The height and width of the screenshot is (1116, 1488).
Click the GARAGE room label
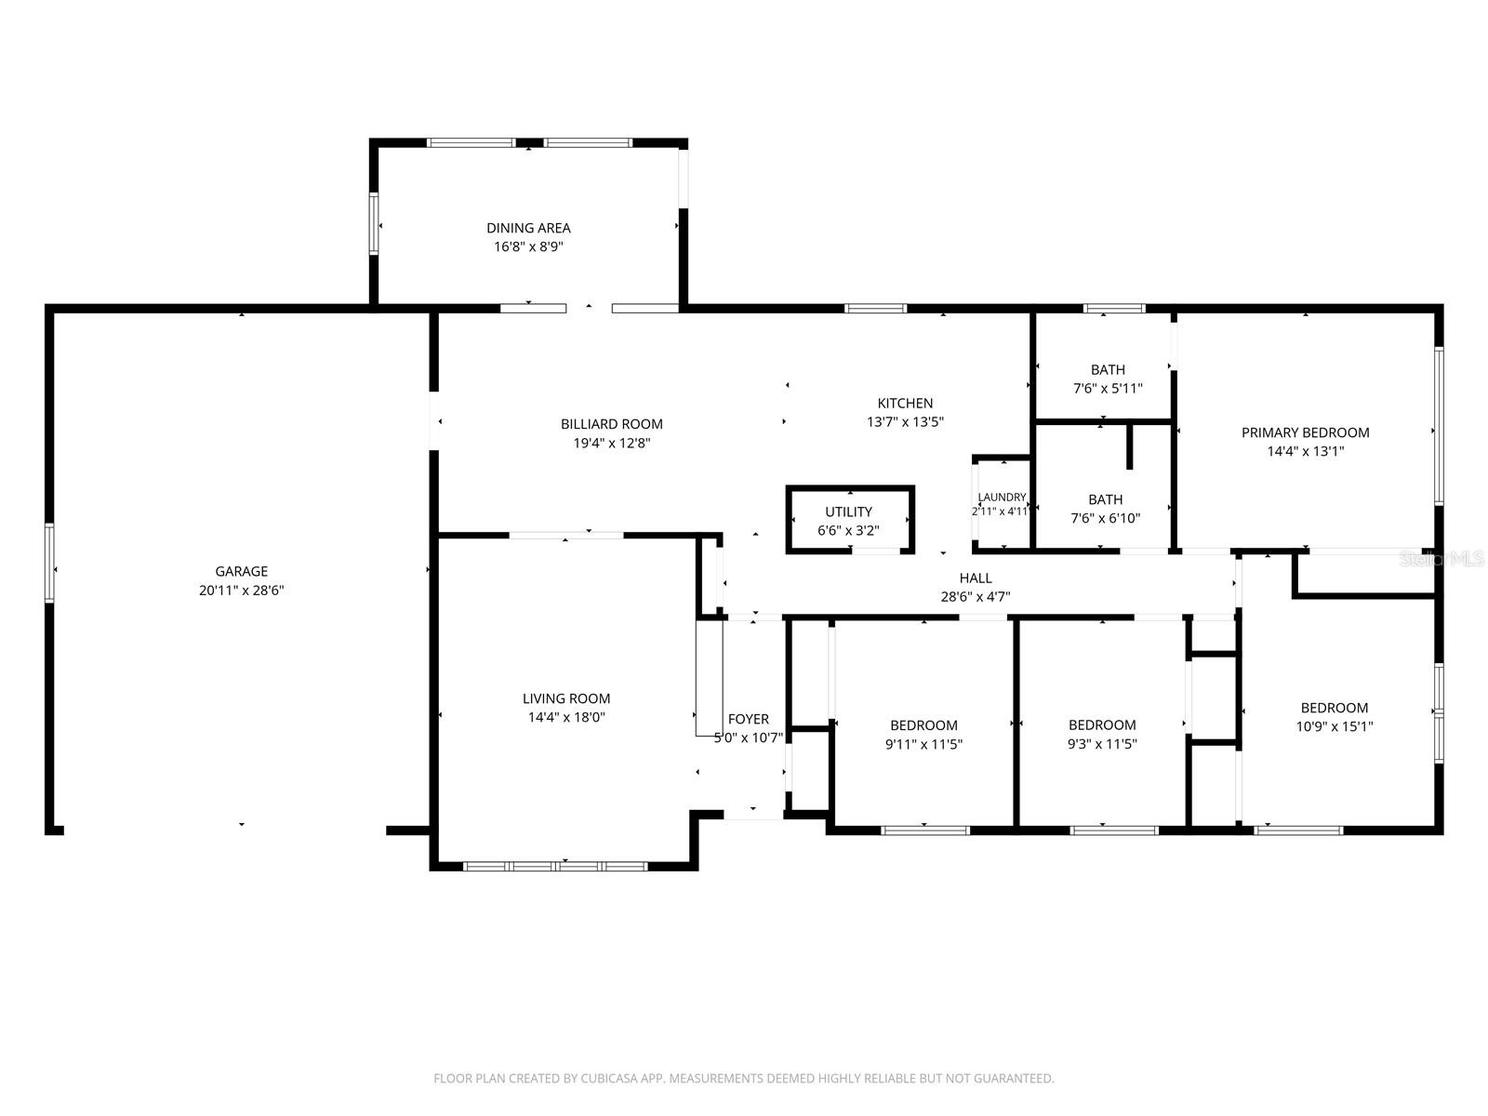point(241,571)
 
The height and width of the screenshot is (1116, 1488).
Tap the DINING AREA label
point(528,229)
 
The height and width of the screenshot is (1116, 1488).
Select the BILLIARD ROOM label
point(611,424)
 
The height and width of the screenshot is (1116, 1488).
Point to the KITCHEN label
point(905,404)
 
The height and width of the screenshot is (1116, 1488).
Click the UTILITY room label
point(848,511)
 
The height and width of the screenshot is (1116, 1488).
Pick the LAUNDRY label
point(1002,498)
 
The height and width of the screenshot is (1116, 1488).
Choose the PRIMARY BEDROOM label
point(1305,432)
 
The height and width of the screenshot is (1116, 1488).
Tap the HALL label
point(976,578)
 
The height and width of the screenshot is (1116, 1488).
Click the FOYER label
point(749,719)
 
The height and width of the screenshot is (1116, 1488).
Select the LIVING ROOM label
point(566,698)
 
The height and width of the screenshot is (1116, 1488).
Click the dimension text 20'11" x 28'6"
point(241,591)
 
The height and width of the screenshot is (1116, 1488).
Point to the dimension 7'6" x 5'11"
point(1108,388)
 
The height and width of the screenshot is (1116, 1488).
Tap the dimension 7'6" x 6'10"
point(1105,518)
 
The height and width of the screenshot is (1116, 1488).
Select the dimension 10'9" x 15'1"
point(1335,726)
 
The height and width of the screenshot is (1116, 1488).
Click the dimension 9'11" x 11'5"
point(923,744)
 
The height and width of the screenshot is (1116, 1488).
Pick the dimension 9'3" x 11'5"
point(1102,743)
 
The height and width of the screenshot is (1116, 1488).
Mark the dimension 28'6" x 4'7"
point(976,597)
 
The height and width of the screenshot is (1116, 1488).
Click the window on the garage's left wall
point(49,563)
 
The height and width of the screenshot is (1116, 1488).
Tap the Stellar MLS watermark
point(1441,559)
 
